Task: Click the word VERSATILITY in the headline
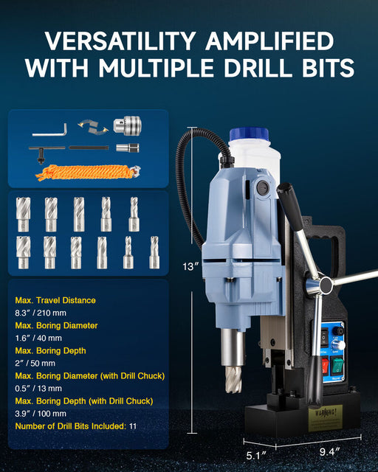click(118, 40)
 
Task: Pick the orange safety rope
click(86, 173)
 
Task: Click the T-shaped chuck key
click(47, 148)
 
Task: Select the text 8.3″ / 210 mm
click(46, 313)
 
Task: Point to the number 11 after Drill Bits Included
click(133, 426)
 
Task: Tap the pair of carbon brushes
click(90, 128)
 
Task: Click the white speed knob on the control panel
click(339, 343)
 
